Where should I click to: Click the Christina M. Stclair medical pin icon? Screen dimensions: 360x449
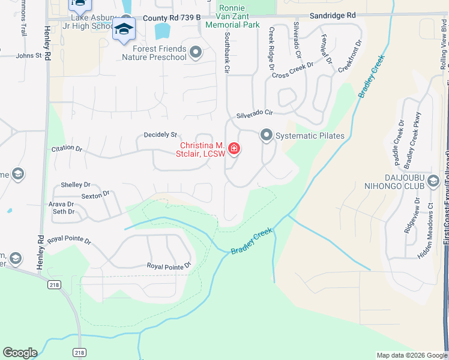click(233, 149)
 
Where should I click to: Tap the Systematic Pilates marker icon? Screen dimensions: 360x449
click(266, 136)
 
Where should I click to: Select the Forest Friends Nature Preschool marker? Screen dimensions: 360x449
click(195, 53)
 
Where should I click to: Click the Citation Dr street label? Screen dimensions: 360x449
click(67, 148)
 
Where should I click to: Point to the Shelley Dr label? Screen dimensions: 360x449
click(76, 185)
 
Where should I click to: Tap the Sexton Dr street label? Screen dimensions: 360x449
click(96, 194)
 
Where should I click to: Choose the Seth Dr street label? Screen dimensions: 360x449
click(64, 212)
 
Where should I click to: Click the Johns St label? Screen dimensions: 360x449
click(29, 56)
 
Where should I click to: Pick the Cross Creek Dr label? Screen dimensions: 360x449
click(293, 70)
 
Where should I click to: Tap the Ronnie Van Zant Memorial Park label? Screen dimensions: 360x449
click(232, 16)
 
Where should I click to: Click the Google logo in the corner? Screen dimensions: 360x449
click(20, 353)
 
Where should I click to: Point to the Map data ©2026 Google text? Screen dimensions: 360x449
click(412, 355)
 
